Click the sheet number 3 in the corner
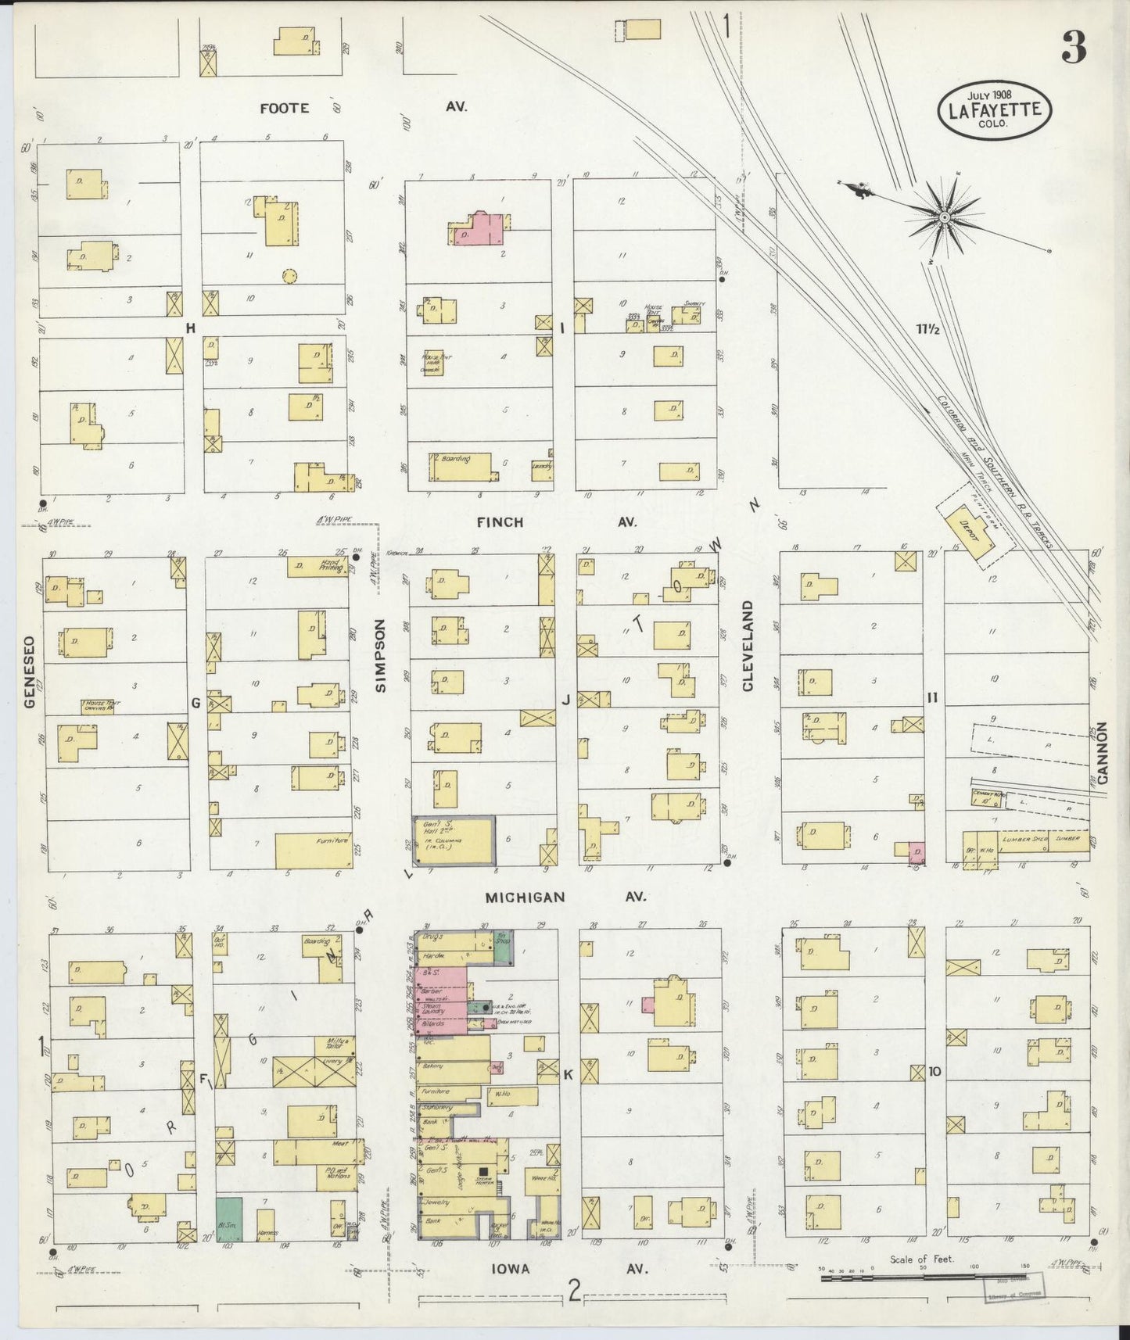[x=1074, y=50]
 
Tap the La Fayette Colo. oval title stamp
[x=995, y=110]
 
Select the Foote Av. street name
[x=285, y=109]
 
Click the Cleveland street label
[x=748, y=646]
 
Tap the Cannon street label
[x=1103, y=753]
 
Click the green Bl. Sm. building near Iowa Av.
[x=229, y=1219]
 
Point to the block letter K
[x=568, y=1075]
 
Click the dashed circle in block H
[x=289, y=276]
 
